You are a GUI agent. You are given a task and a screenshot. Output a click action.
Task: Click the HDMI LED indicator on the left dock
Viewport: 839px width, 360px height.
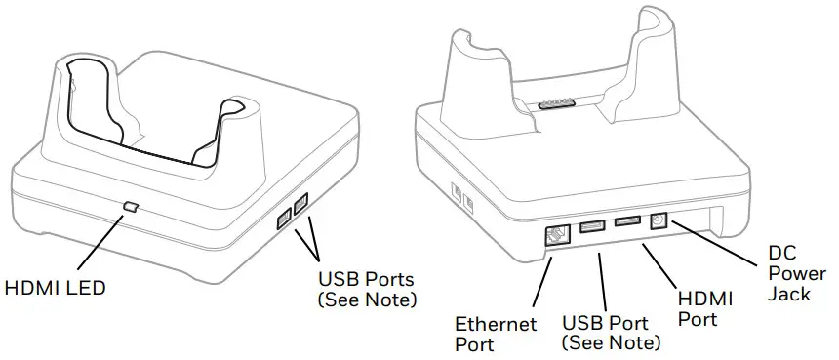click(132, 207)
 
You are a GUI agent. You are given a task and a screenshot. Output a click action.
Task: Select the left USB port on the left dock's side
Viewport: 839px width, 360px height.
click(283, 220)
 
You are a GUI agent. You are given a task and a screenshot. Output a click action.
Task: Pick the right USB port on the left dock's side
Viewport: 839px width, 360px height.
click(300, 205)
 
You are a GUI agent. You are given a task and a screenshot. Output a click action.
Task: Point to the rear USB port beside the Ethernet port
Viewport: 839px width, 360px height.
click(591, 229)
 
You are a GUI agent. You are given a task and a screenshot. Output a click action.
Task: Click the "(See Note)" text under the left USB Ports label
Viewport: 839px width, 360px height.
click(366, 299)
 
